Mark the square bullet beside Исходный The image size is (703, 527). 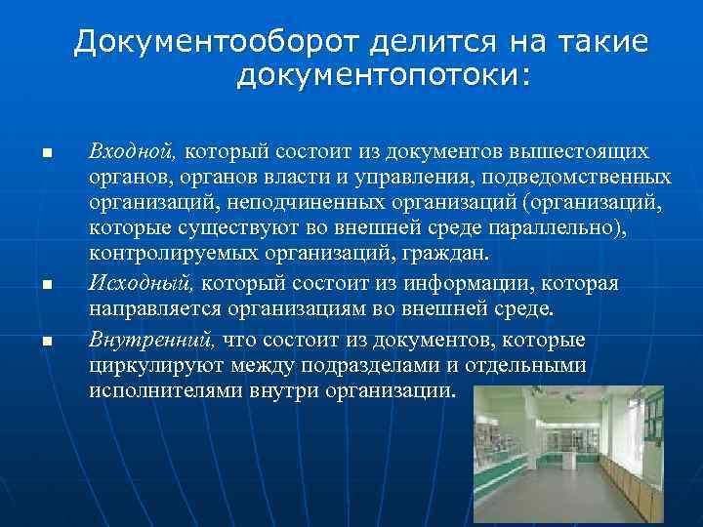45,285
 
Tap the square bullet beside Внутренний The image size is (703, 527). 45,342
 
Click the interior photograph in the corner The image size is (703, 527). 567,455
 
